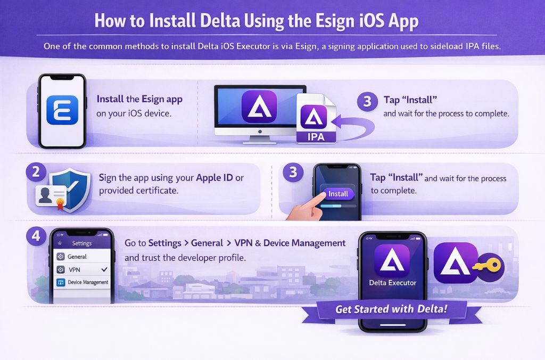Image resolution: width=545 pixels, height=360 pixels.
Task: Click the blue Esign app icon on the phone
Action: point(62,110)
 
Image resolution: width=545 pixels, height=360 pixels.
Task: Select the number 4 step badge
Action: point(35,236)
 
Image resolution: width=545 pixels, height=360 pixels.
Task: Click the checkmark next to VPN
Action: point(105,269)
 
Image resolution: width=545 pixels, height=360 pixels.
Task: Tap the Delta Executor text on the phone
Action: point(393,283)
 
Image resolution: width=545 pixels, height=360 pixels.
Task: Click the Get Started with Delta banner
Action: point(391,309)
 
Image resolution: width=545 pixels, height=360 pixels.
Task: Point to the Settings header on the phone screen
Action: point(81,243)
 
